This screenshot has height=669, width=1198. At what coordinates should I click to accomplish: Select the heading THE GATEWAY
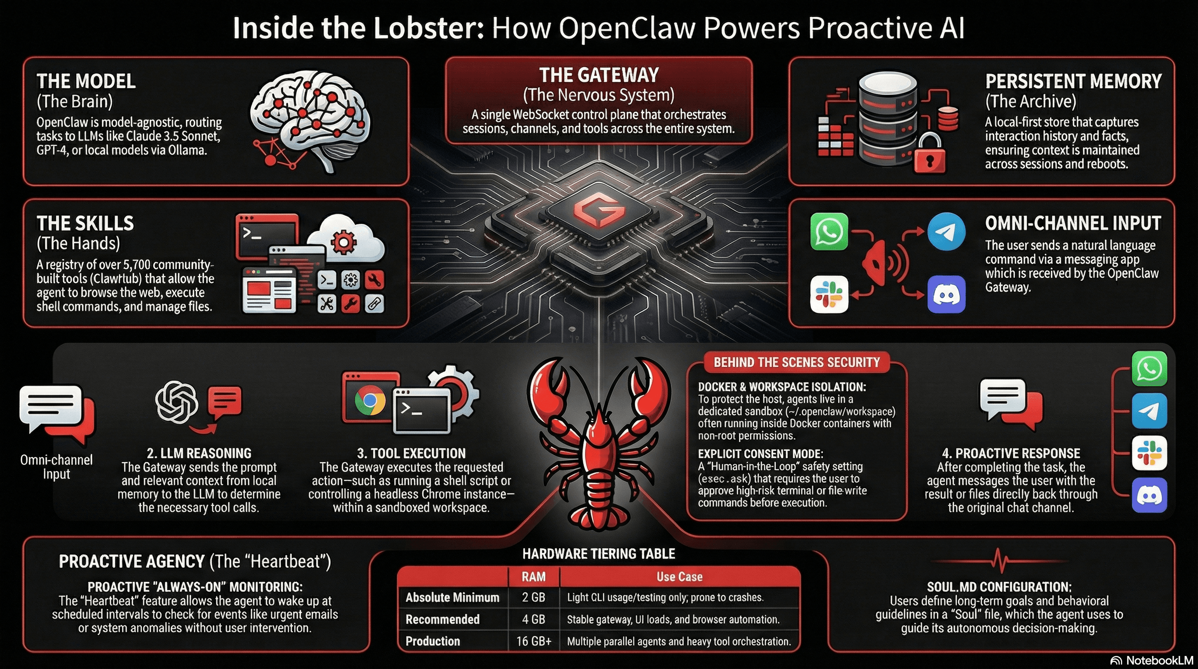point(599,75)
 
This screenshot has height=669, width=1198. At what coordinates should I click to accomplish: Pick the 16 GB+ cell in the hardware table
point(533,641)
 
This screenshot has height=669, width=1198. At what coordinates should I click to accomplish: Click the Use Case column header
point(679,577)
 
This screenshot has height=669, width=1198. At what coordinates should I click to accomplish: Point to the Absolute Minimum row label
point(452,598)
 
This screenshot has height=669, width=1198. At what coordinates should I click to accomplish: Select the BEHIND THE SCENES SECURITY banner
point(796,362)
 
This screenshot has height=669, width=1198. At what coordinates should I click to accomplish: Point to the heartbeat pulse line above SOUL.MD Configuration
point(999,560)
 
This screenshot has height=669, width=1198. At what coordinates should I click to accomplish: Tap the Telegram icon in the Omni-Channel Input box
point(946,232)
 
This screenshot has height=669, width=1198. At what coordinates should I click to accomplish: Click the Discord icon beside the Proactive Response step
point(1149,495)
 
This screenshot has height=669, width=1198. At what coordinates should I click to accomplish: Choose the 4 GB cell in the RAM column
point(533,619)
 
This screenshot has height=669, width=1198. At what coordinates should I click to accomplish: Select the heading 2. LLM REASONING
point(199,453)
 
